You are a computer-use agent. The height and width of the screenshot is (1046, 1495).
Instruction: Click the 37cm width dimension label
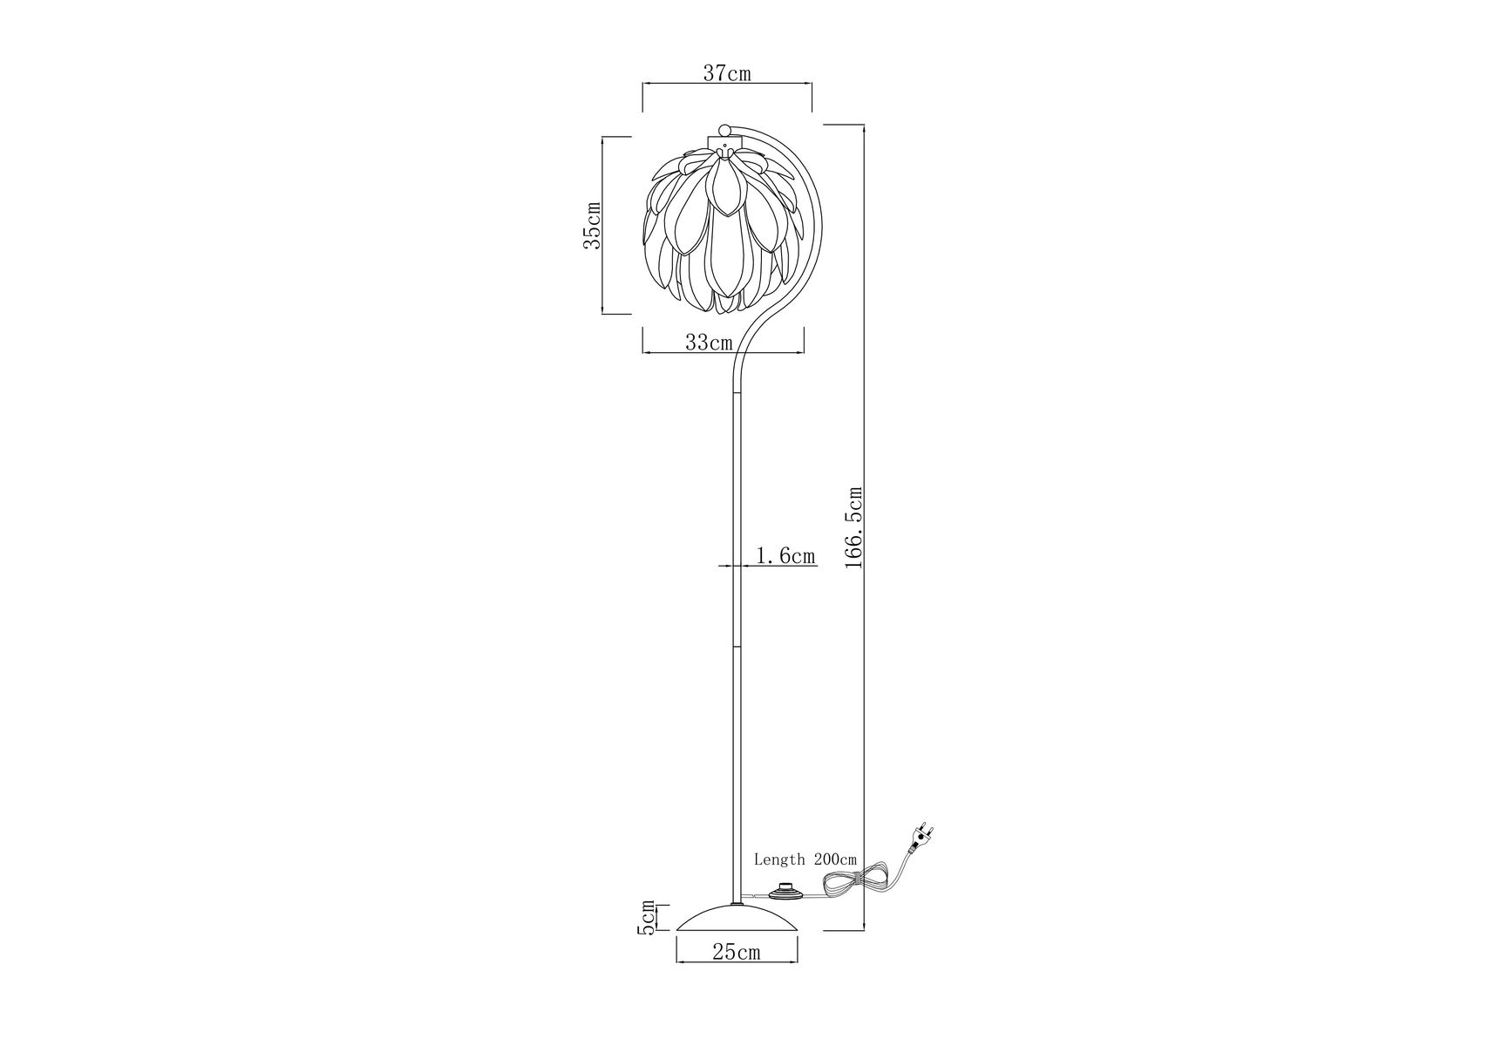(x=727, y=73)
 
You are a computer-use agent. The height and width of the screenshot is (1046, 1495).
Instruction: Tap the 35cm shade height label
(x=592, y=225)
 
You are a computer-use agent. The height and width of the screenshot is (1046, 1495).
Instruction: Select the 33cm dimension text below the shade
(x=708, y=343)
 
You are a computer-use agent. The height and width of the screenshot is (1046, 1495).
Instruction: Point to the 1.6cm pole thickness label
(x=785, y=555)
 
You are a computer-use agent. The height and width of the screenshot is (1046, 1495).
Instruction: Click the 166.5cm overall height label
(x=854, y=528)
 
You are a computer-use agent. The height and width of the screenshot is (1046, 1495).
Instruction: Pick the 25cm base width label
(x=736, y=953)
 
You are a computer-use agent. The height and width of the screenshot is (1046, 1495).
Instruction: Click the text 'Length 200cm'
(x=805, y=859)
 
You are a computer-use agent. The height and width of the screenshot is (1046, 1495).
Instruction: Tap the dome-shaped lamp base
(x=737, y=919)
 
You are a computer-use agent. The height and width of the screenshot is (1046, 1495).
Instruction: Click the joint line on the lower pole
(x=737, y=648)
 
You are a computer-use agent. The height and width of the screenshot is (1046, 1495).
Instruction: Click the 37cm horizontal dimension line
(x=727, y=84)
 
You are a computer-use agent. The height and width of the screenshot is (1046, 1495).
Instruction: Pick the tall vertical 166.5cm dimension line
(x=865, y=527)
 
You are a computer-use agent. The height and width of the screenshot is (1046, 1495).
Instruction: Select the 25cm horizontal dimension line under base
(x=737, y=963)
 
